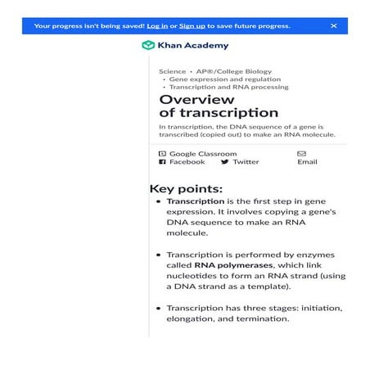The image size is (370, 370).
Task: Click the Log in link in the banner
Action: tap(159, 26)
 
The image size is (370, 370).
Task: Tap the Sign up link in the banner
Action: tap(192, 26)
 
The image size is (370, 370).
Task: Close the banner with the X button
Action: tap(334, 26)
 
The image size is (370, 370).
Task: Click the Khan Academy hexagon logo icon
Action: tap(147, 46)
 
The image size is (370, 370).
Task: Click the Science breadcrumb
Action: tap(172, 72)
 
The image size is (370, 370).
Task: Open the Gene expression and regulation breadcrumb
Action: tap(222, 79)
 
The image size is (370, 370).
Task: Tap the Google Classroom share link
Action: tap(203, 153)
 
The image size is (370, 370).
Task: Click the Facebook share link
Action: tap(187, 162)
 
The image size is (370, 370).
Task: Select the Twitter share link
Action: tap(246, 162)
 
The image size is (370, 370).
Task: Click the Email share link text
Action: tap(307, 162)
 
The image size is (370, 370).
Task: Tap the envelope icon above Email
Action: tap(301, 153)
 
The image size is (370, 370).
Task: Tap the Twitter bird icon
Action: tap(224, 162)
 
